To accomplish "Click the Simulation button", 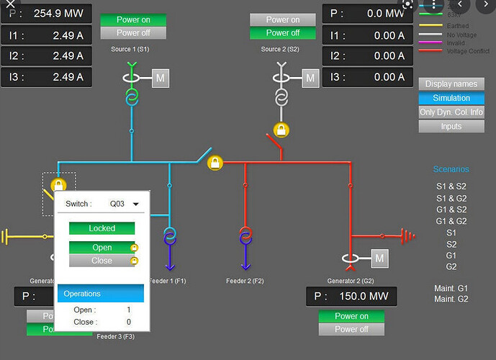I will point(451,98).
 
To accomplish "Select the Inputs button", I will point(451,126).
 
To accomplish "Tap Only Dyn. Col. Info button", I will point(451,112).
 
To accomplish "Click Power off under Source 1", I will point(133,33).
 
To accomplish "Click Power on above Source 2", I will point(283,19).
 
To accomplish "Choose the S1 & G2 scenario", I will point(451,198).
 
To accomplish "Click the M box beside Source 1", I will point(160,78).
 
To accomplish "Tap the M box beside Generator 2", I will point(380,258).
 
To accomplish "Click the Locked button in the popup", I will point(102,228).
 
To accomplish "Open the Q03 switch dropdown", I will point(123,204).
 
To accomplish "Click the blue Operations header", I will point(100,294).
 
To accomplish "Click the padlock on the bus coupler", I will point(215,163).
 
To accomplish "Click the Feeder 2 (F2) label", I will point(245,281).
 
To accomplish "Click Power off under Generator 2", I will point(351,329).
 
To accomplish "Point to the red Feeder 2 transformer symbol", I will point(245,235).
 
